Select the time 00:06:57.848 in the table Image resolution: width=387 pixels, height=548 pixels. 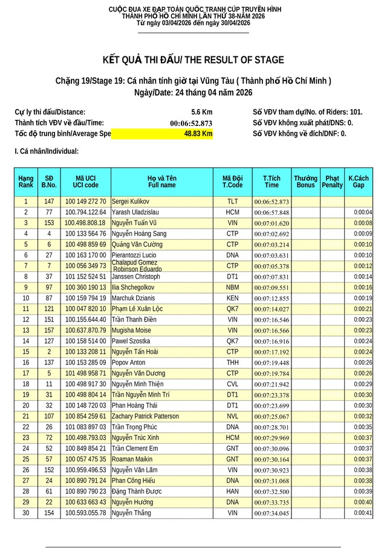click(x=272, y=213)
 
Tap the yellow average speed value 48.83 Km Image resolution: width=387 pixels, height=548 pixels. click(x=198, y=134)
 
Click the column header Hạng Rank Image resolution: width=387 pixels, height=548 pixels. click(x=26, y=182)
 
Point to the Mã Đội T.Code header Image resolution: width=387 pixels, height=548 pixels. click(x=232, y=182)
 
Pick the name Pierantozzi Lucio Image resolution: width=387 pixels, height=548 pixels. click(x=134, y=256)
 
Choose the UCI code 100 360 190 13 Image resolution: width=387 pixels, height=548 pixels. click(x=85, y=288)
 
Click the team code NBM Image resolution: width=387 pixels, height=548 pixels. click(x=232, y=288)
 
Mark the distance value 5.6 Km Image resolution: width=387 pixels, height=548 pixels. click(x=201, y=112)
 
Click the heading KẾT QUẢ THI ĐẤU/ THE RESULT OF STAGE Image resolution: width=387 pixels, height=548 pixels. click(x=193, y=60)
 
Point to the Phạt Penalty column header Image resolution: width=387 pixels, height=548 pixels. click(x=332, y=182)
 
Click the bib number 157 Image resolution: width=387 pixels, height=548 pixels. click(x=49, y=331)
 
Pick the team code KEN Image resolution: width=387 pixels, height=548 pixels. click(x=232, y=299)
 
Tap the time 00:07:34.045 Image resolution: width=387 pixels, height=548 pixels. click(x=272, y=513)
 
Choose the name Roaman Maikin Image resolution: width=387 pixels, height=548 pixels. click(x=132, y=460)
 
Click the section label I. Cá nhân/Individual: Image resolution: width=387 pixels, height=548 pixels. click(x=47, y=151)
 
